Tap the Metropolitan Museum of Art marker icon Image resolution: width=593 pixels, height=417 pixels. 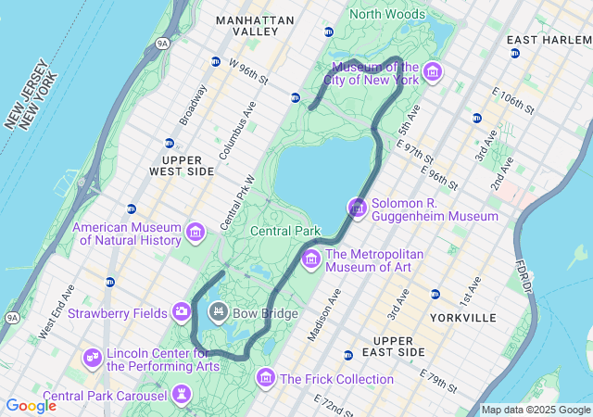[310, 259]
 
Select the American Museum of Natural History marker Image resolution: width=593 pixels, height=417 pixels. [196, 232]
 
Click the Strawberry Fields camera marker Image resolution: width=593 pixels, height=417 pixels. [181, 311]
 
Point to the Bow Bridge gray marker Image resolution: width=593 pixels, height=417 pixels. [219, 311]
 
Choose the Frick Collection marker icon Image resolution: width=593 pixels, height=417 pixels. [266, 377]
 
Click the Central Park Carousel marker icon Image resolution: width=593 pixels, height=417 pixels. [182, 396]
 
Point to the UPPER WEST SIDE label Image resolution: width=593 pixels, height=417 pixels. [182, 166]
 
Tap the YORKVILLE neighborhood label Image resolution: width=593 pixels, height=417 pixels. [463, 318]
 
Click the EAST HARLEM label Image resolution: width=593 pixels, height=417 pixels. [549, 41]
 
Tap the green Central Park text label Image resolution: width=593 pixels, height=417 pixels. [285, 231]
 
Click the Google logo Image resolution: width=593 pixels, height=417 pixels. [31, 406]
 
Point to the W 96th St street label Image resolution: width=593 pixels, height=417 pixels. [247, 71]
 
